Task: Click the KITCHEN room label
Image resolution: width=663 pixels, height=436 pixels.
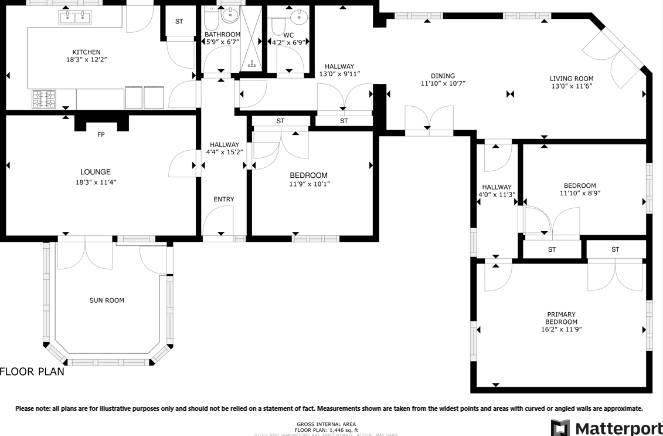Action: [x=86, y=52]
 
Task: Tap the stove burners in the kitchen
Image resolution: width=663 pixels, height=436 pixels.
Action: [x=43, y=99]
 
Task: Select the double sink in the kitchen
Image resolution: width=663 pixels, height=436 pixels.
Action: [x=75, y=18]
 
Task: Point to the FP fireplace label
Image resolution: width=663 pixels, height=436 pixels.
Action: [x=101, y=135]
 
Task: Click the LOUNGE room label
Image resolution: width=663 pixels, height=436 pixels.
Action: [x=96, y=172]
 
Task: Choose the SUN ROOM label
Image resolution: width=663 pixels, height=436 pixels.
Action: [x=107, y=300]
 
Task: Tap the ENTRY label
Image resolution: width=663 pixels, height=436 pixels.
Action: [x=223, y=200]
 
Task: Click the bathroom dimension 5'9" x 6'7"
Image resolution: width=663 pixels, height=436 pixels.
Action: [x=222, y=42]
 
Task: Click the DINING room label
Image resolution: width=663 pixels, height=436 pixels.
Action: [x=443, y=76]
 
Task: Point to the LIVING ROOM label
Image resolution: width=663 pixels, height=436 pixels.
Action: [x=572, y=79]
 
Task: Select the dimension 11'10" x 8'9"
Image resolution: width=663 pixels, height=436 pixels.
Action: [x=580, y=193]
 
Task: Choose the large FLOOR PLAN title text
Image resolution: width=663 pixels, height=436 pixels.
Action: [x=32, y=371]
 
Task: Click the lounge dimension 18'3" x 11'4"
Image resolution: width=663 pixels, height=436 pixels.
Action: [x=96, y=182]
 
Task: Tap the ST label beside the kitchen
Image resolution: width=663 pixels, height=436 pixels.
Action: [x=179, y=22]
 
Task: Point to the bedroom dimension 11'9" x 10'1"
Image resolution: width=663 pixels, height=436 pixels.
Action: [x=308, y=184]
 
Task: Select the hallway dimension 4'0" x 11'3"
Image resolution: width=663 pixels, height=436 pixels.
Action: [x=497, y=195]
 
